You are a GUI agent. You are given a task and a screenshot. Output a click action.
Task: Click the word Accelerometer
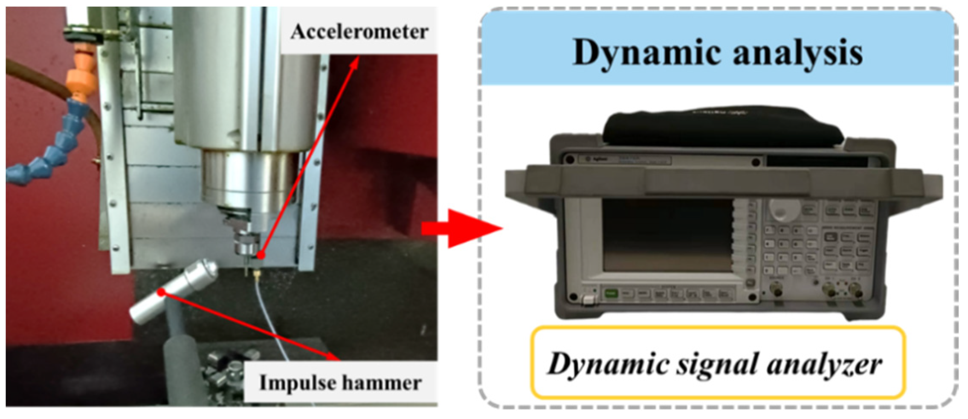coord(359,32)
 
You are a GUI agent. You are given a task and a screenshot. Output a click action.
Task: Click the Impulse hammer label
coord(340,383)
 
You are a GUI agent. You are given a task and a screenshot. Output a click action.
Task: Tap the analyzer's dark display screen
coord(667,236)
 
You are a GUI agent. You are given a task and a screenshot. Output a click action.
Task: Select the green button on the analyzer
coord(611,294)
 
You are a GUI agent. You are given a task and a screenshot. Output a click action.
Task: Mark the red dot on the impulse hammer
coord(161,292)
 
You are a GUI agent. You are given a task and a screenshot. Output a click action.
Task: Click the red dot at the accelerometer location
coord(261,256)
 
